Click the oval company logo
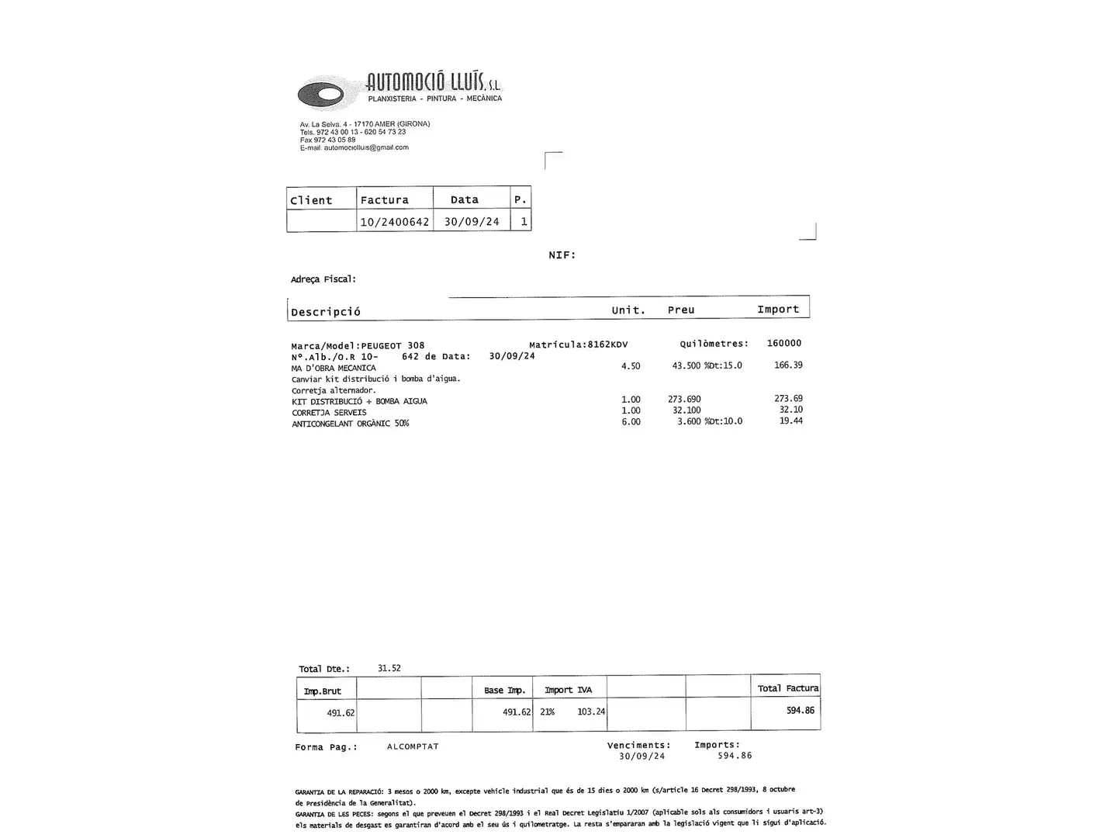(x=320, y=94)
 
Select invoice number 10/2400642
(x=394, y=222)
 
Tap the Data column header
(x=465, y=200)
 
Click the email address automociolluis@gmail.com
(x=365, y=147)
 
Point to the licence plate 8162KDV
(x=607, y=345)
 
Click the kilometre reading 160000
(x=783, y=343)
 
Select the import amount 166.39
(x=788, y=365)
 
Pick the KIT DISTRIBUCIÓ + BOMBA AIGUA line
(x=359, y=401)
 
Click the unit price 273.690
(x=684, y=399)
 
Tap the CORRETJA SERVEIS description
(x=329, y=412)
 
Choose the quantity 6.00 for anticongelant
(x=631, y=421)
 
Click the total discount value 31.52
(x=389, y=668)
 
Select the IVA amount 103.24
(x=591, y=712)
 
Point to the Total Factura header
(x=787, y=688)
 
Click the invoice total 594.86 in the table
(x=800, y=710)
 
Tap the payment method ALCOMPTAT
(x=413, y=746)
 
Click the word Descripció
(x=326, y=312)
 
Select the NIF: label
(x=562, y=255)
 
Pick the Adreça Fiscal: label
(x=323, y=279)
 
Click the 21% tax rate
(x=547, y=712)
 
